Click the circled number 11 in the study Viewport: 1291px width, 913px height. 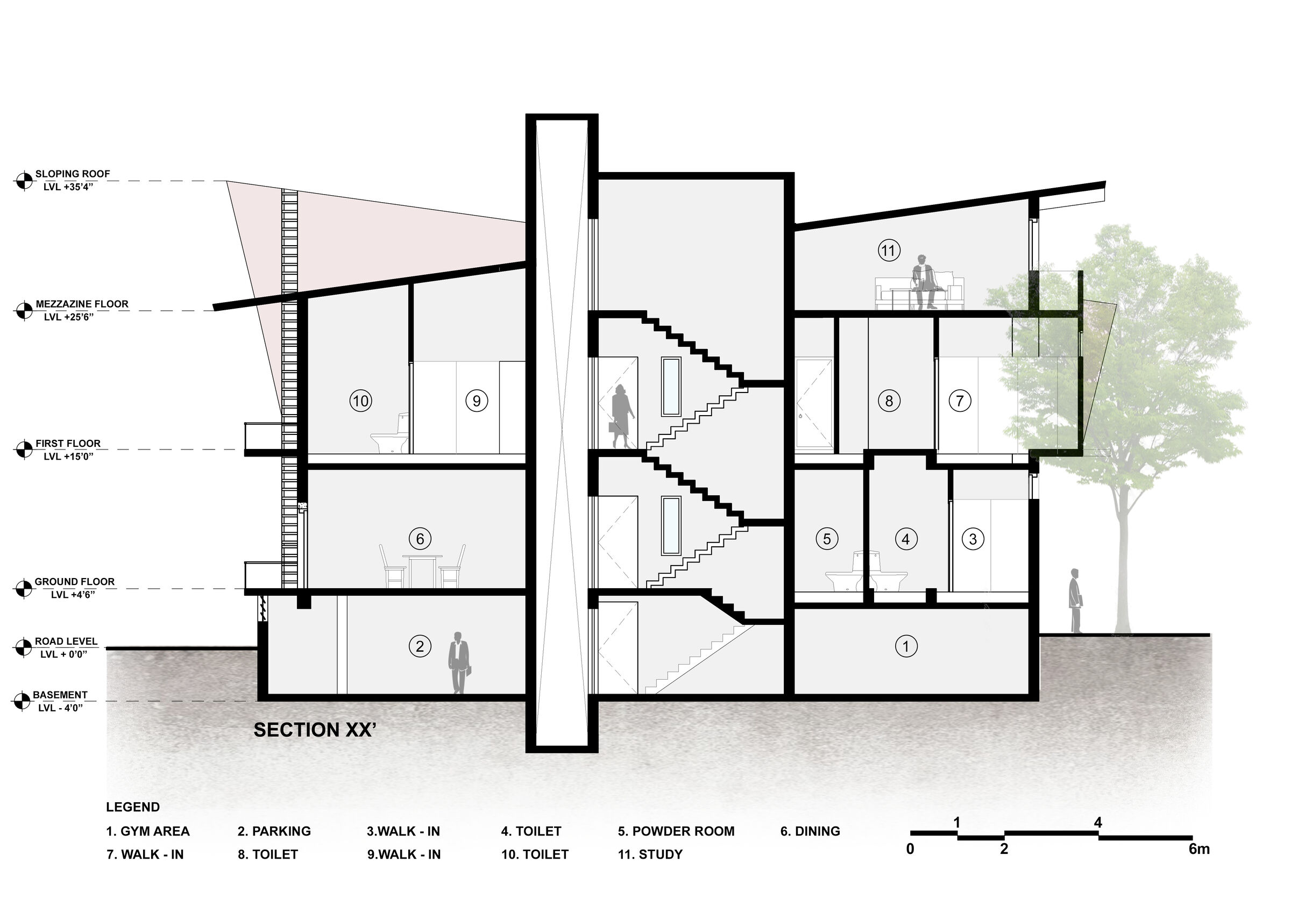pos(889,250)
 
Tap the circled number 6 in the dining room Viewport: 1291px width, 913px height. pos(420,539)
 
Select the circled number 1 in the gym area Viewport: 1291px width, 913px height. pos(906,646)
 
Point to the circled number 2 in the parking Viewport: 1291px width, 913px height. pos(420,646)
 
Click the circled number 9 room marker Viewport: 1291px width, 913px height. pos(477,401)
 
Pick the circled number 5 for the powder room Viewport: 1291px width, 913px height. pos(827,539)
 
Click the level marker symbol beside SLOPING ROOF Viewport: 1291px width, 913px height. pos(24,181)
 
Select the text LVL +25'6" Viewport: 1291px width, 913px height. pos(69,317)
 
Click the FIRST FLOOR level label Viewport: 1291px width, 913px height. pos(68,444)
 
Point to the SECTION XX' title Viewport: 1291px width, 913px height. pos(315,730)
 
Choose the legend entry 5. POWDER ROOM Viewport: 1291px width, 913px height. pos(676,831)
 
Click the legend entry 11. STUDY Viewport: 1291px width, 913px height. pos(650,854)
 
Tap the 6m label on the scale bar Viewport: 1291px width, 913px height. pos(1199,849)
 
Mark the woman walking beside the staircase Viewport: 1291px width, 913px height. pos(622,416)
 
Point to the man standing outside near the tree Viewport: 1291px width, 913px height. pos(1076,601)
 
